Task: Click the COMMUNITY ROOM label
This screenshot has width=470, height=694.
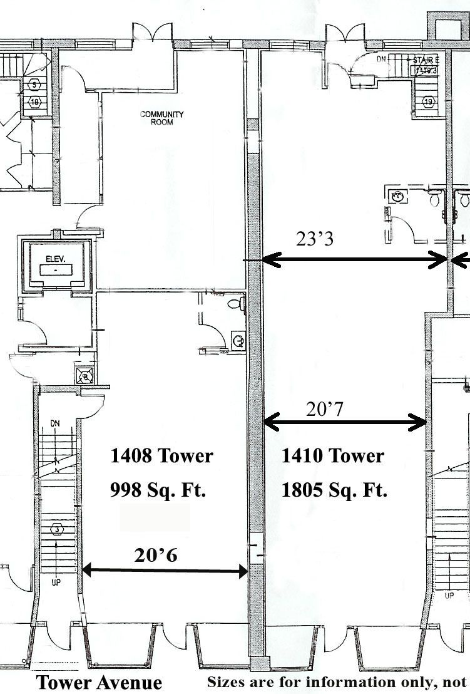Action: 161,118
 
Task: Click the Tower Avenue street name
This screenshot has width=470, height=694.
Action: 99,683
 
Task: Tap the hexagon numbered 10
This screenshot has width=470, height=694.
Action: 34,101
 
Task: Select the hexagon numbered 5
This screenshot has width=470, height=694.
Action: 34,84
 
